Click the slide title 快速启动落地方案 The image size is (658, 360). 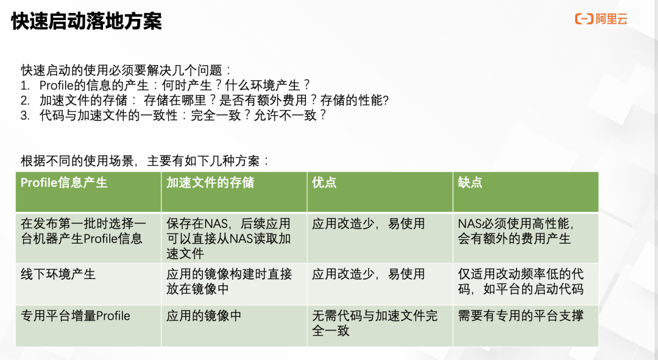[87, 22]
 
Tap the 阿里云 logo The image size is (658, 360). [601, 19]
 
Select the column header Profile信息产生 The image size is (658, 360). [64, 183]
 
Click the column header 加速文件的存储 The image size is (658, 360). [210, 183]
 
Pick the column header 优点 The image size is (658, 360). [324, 183]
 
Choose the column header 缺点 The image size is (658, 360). [470, 183]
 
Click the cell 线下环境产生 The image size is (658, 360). [58, 274]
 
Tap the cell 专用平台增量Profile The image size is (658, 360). [76, 316]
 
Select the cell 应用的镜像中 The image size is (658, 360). [204, 316]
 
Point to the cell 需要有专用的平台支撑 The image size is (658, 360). [521, 316]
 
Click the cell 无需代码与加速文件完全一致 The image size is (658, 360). [375, 323]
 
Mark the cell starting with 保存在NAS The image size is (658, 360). [228, 238]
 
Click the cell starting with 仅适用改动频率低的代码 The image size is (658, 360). [521, 281]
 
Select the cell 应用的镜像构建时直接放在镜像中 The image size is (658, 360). [229, 281]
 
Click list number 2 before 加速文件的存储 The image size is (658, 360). [25, 101]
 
